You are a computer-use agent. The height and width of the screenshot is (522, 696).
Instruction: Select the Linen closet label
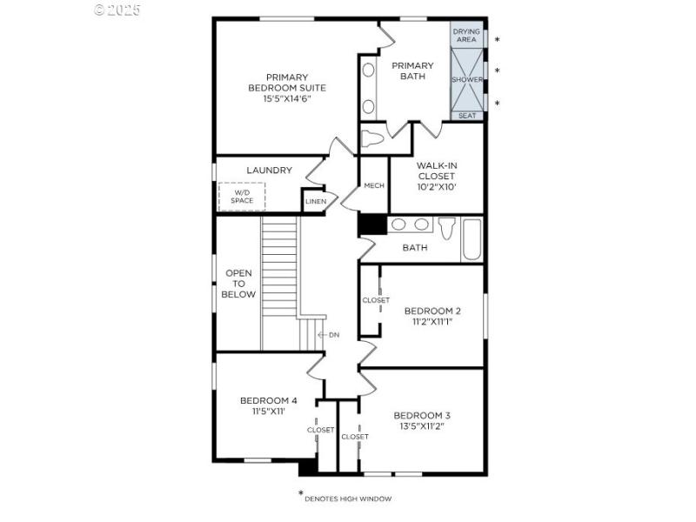315,202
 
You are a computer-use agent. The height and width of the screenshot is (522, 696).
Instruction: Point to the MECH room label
374,185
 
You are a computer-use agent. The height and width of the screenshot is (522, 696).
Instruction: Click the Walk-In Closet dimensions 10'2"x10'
436,186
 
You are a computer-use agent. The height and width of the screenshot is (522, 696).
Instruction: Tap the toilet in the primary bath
373,138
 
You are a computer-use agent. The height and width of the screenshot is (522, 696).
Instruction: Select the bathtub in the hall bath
472,238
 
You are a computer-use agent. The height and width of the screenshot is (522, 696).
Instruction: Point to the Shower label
466,79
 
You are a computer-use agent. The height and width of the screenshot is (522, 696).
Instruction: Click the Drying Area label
466,35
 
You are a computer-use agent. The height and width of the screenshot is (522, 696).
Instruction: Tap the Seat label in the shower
466,116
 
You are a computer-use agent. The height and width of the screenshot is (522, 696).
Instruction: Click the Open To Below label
240,284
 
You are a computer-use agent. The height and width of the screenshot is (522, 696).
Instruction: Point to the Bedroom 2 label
432,311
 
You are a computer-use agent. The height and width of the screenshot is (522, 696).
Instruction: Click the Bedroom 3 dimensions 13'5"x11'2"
422,427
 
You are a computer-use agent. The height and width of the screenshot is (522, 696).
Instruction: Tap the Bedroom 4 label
269,401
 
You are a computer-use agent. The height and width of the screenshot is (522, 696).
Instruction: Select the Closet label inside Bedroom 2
376,300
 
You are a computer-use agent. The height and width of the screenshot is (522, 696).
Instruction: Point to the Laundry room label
269,171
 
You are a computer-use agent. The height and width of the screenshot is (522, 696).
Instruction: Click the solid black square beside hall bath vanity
371,224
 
